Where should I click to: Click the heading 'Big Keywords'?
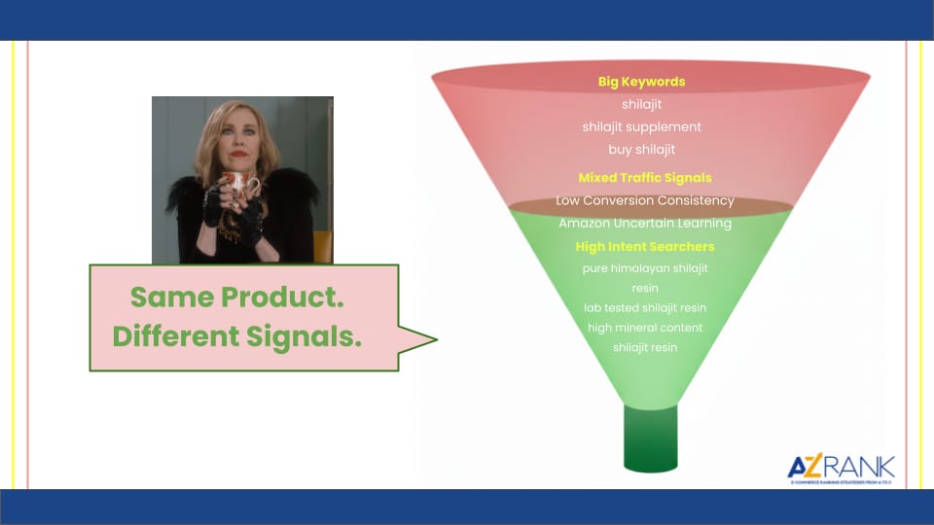pyautogui.click(x=641, y=82)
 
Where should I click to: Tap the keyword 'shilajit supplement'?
pyautogui.click(x=641, y=126)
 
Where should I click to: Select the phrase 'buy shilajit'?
pyautogui.click(x=641, y=150)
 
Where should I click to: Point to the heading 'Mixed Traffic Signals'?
pyautogui.click(x=644, y=178)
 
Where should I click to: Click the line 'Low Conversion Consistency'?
pyautogui.click(x=644, y=200)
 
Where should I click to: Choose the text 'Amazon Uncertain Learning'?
pyautogui.click(x=644, y=224)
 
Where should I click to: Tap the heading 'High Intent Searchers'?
pyautogui.click(x=644, y=247)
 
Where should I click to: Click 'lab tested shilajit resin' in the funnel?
pyautogui.click(x=644, y=307)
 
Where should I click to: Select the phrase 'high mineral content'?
pyautogui.click(x=644, y=328)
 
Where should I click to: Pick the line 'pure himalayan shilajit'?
pyautogui.click(x=644, y=268)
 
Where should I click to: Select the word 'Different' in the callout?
pyautogui.click(x=171, y=336)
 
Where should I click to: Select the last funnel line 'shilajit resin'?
pyautogui.click(x=644, y=347)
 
